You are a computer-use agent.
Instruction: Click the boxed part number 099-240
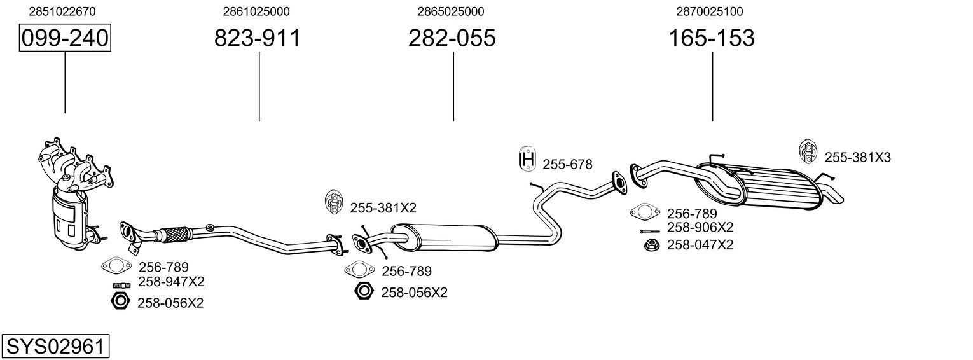click(65, 38)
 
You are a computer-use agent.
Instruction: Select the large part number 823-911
click(257, 38)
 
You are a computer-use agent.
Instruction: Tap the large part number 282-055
click(452, 38)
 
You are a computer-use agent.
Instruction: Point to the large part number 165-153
click(711, 38)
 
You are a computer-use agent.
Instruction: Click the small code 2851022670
click(63, 11)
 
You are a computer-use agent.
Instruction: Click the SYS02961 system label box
click(55, 347)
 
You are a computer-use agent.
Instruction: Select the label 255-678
click(567, 165)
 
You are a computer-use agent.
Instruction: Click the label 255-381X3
click(857, 157)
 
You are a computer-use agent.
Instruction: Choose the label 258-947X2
click(171, 282)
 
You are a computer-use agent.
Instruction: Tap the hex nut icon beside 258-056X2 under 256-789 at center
click(364, 291)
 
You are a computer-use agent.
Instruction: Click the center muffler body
click(445, 237)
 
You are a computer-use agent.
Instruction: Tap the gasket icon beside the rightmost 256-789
click(645, 212)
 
